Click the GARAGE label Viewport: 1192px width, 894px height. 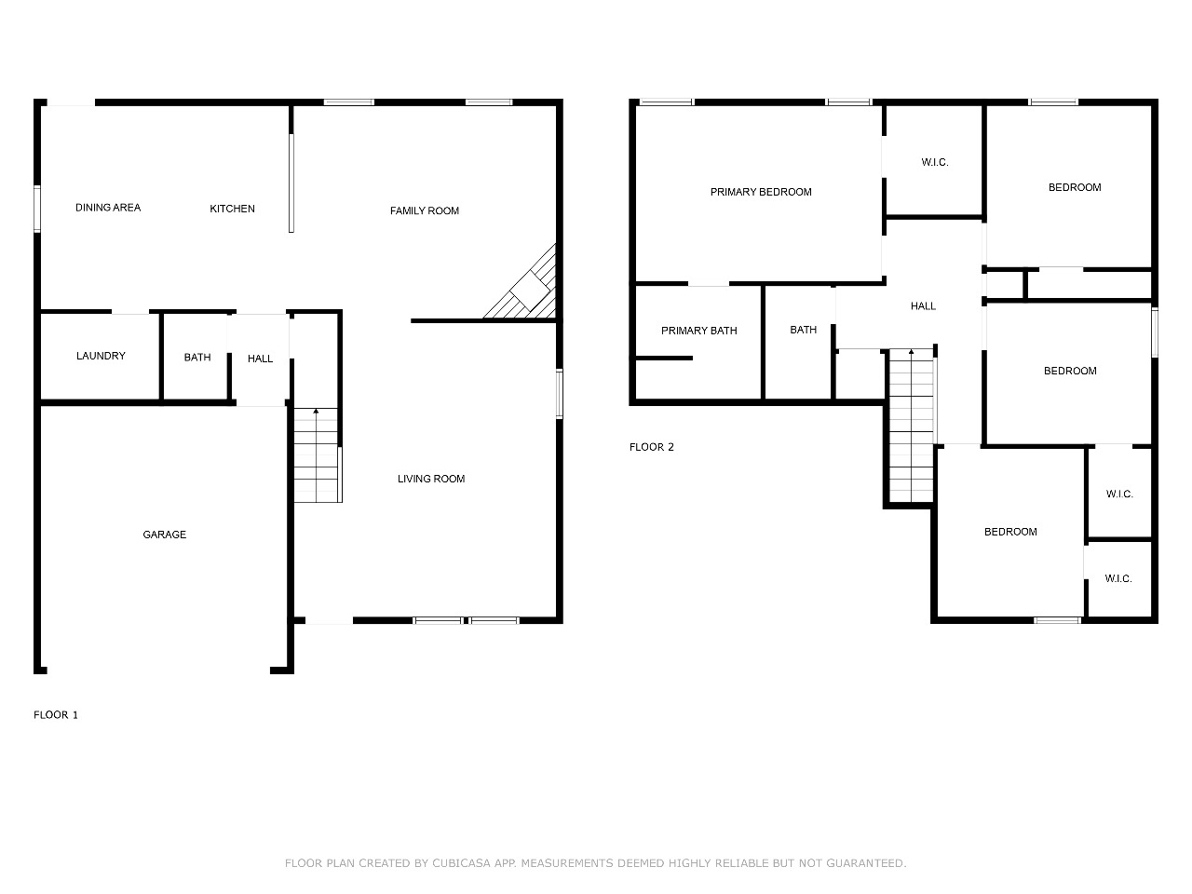point(164,535)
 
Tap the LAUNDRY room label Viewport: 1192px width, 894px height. point(101,356)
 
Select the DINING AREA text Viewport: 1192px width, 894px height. point(107,208)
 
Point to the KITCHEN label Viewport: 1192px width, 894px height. point(232,209)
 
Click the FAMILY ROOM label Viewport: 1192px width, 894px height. point(424,210)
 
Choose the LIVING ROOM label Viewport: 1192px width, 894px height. point(430,479)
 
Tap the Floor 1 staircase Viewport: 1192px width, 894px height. point(316,454)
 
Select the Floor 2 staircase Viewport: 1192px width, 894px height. point(911,426)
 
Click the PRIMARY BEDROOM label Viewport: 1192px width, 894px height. point(760,192)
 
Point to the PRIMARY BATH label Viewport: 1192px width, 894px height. point(698,331)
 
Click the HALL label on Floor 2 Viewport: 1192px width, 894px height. point(923,306)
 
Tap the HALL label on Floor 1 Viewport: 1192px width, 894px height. point(260,359)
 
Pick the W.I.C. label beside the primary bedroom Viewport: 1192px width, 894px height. point(934,162)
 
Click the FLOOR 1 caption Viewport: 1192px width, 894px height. point(55,715)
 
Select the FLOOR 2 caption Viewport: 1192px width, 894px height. point(651,447)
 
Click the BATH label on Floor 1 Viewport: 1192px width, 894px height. point(197,358)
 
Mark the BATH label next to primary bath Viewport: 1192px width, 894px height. point(803,330)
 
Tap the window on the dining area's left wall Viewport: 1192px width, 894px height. point(37,209)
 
